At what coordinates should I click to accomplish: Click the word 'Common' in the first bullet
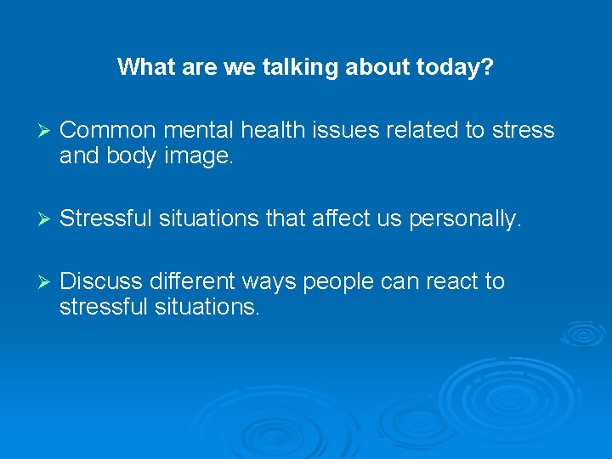pyautogui.click(x=107, y=130)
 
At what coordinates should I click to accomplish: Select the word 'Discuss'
pyautogui.click(x=102, y=280)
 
